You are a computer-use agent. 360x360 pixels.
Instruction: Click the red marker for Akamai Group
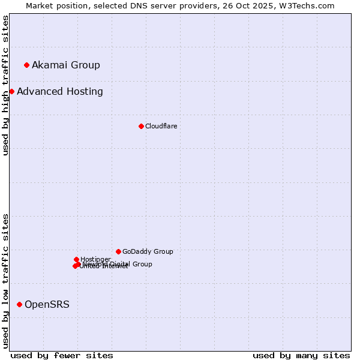[x=26, y=65]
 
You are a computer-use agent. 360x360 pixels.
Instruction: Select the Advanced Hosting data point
[x=11, y=91]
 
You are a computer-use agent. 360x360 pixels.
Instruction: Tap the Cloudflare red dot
[x=141, y=126]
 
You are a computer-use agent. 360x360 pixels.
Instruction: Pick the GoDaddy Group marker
[x=118, y=251]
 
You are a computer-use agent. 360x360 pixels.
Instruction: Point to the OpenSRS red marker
[x=19, y=305]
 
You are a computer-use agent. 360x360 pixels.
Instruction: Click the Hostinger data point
[x=76, y=259]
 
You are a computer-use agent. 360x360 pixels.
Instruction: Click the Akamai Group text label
[x=66, y=65]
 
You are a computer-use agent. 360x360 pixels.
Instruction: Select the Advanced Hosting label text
[x=60, y=91]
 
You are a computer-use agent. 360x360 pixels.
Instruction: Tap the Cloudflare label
[x=161, y=126]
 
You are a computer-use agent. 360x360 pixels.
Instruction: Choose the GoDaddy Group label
[x=148, y=251]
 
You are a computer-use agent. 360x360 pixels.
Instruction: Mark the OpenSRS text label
[x=47, y=305]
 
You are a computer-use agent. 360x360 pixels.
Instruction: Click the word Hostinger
[x=96, y=259]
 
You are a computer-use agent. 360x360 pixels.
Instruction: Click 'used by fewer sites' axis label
[x=62, y=355]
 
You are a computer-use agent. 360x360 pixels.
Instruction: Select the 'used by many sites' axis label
[x=301, y=355]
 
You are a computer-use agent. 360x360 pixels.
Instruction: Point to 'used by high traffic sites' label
[x=5, y=85]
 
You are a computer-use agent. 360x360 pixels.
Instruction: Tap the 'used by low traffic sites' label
[x=5, y=281]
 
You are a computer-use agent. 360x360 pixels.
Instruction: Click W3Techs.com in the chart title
[x=311, y=5]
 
